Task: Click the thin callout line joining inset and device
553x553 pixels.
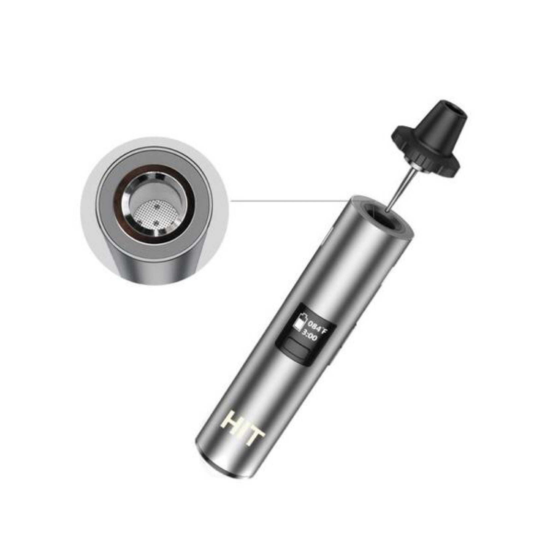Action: [x=285, y=201]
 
